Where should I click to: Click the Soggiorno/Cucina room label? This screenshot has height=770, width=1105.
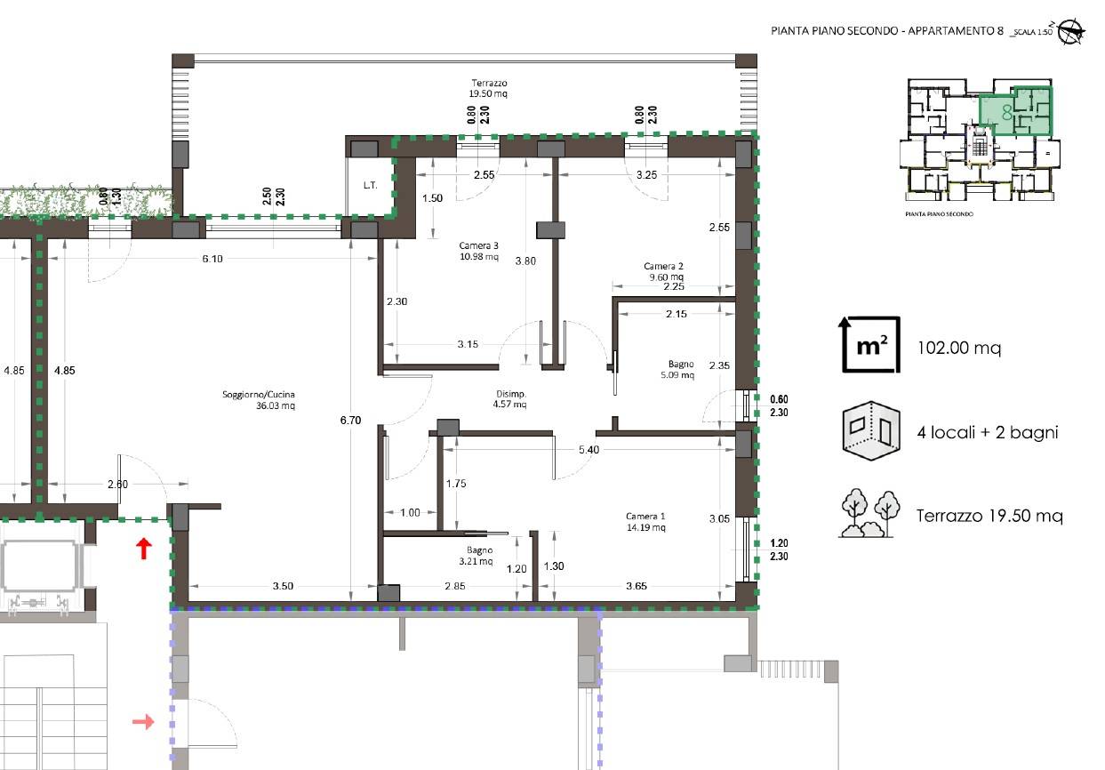[259, 395]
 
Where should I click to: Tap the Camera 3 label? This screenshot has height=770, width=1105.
[478, 245]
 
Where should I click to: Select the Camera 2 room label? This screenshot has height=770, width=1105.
[663, 267]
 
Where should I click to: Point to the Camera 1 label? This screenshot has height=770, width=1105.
[645, 517]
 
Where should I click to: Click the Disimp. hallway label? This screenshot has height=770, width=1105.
[511, 394]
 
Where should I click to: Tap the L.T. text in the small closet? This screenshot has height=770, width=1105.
[371, 186]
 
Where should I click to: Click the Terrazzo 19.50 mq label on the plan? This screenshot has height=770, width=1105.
[488, 88]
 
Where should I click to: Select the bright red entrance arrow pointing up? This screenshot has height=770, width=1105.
[143, 549]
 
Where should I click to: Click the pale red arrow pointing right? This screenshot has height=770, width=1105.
[143, 722]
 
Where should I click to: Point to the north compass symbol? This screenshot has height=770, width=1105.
[1071, 33]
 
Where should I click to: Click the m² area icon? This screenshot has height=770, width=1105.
[870, 345]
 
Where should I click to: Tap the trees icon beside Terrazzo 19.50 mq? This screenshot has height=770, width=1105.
[869, 514]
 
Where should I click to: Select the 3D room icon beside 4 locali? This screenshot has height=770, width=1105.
[871, 431]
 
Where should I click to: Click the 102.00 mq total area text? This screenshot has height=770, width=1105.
[959, 349]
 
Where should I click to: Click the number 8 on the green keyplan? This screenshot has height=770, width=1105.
[1007, 113]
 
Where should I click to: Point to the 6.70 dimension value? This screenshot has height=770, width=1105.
[350, 421]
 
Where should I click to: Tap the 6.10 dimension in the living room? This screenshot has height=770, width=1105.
[212, 259]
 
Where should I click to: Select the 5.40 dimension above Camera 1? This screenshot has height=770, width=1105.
[589, 450]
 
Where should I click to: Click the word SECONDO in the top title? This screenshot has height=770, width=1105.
[872, 30]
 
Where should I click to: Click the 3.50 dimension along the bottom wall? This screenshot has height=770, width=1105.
[283, 586]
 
